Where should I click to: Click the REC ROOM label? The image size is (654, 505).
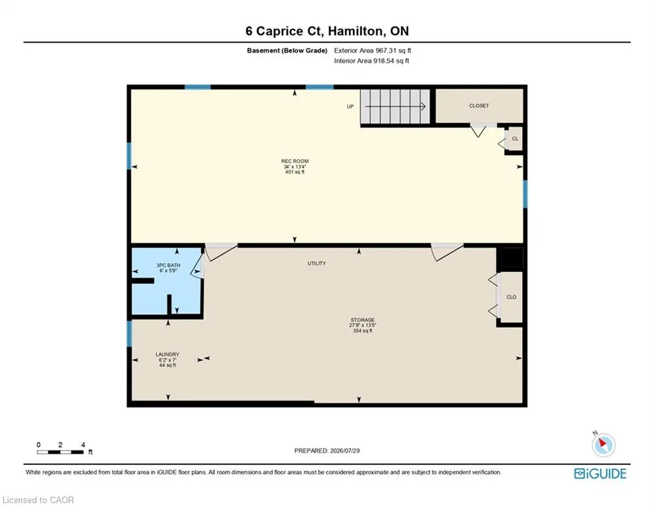pos(295,161)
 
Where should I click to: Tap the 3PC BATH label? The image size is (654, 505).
pos(168,266)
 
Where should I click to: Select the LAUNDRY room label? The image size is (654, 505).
pos(167,354)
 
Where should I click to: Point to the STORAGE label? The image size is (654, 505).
pos(362,320)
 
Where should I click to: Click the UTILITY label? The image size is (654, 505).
pos(317,264)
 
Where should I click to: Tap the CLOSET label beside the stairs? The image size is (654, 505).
pos(479,106)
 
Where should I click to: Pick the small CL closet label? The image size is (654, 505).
pos(515,139)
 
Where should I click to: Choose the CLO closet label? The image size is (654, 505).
pos(511,297)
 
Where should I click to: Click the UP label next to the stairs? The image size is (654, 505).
pos(350,107)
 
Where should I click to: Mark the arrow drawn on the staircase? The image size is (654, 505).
pos(396,107)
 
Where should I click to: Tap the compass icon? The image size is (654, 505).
pos(603,445)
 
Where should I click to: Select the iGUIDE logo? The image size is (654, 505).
pos(600,473)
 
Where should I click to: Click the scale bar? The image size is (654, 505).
pos(60,452)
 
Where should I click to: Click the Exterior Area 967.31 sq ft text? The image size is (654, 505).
pos(373,51)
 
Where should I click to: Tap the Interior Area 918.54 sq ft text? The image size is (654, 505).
pos(371,61)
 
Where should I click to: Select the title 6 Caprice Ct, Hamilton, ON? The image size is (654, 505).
pos(327,31)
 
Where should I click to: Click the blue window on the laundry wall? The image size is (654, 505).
pos(129,333)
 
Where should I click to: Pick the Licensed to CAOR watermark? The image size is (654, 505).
pos(38,500)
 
